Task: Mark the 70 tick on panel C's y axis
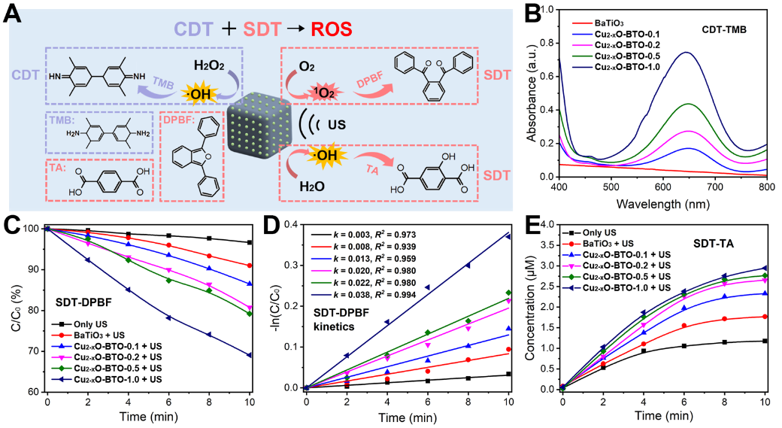(33, 351)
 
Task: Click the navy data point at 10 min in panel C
(249, 355)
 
